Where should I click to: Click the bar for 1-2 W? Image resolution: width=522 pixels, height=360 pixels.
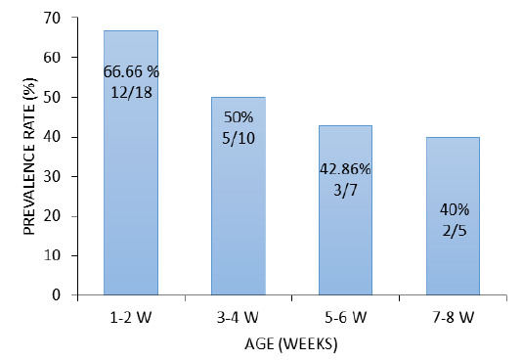(x=131, y=162)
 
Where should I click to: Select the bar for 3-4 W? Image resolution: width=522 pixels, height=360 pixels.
(x=239, y=197)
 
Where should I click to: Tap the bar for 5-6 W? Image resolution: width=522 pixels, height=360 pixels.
(x=346, y=210)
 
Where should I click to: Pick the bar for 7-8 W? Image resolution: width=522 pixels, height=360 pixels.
(x=454, y=216)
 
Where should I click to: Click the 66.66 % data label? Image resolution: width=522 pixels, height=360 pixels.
(x=131, y=71)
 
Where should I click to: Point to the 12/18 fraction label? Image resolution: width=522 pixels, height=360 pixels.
(x=132, y=92)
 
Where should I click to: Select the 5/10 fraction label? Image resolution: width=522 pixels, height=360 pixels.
(x=239, y=138)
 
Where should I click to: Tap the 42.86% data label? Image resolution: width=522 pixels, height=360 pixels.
(x=345, y=169)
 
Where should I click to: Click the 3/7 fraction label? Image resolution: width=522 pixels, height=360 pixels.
(x=345, y=190)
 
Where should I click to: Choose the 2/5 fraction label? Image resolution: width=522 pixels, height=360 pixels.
(x=455, y=231)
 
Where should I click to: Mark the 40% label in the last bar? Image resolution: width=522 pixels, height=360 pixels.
(x=455, y=209)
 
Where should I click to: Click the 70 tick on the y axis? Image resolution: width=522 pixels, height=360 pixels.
(x=52, y=18)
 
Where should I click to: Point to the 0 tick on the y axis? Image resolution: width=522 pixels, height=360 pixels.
(x=57, y=294)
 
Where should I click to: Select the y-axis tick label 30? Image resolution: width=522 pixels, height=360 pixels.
(x=52, y=176)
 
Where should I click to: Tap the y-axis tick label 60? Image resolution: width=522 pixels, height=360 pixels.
(x=52, y=58)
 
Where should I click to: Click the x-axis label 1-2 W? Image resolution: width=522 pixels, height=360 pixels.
(x=131, y=317)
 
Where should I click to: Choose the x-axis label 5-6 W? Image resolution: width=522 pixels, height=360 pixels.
(x=346, y=317)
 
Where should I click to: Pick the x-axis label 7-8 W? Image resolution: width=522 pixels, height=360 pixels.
(x=454, y=317)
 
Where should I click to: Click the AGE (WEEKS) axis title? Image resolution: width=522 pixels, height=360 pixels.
(x=291, y=344)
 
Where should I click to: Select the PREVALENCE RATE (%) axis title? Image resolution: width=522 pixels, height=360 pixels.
(x=30, y=157)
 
